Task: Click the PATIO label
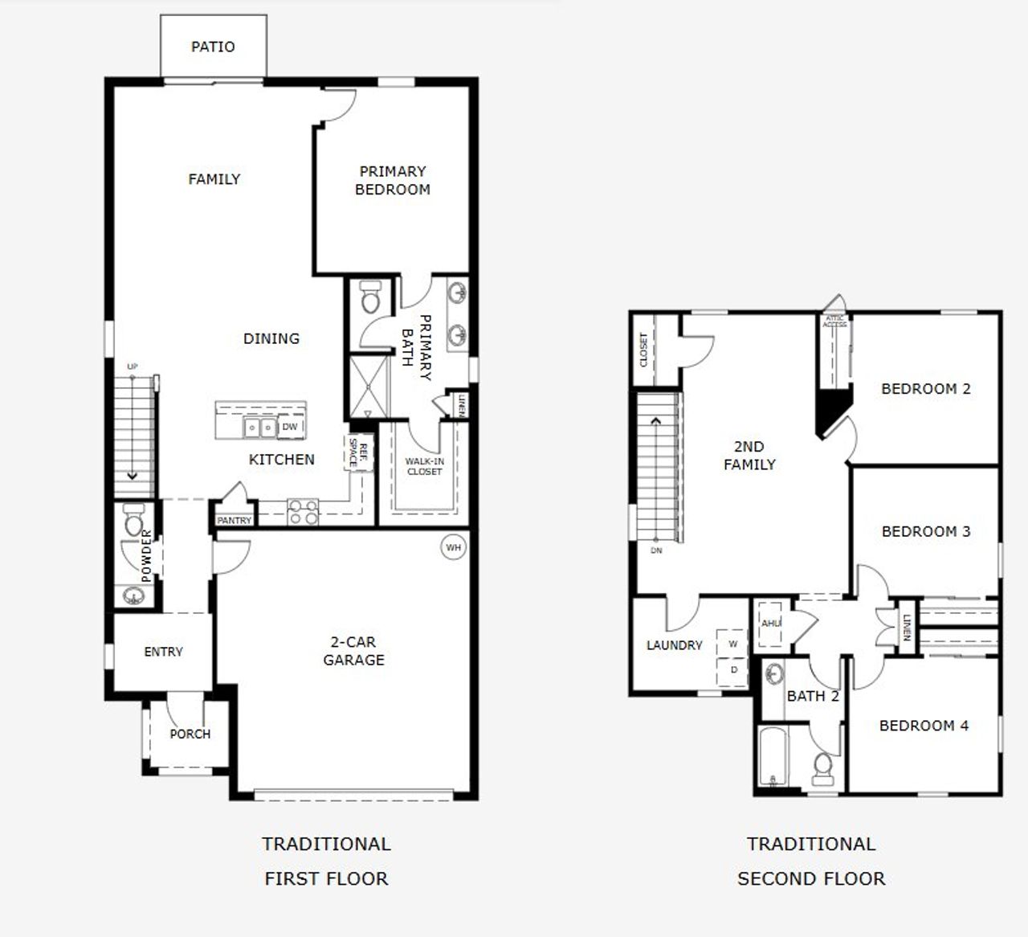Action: [213, 47]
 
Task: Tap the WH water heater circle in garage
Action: [454, 548]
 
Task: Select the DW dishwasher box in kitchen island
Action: [290, 427]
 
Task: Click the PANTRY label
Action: [235, 521]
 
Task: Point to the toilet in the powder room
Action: [134, 522]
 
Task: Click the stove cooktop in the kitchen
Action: [303, 512]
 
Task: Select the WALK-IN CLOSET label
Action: [424, 467]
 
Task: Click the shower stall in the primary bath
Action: [369, 386]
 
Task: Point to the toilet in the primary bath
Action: [370, 297]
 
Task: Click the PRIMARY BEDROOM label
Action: [393, 180]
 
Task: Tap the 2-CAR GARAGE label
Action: [353, 651]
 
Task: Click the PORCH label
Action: [190, 734]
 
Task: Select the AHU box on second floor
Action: [770, 624]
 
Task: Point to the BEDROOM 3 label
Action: [926, 531]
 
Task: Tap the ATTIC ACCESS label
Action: [835, 321]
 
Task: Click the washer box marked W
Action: [732, 644]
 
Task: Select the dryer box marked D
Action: [732, 669]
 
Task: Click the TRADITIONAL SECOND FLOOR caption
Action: [811, 861]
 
